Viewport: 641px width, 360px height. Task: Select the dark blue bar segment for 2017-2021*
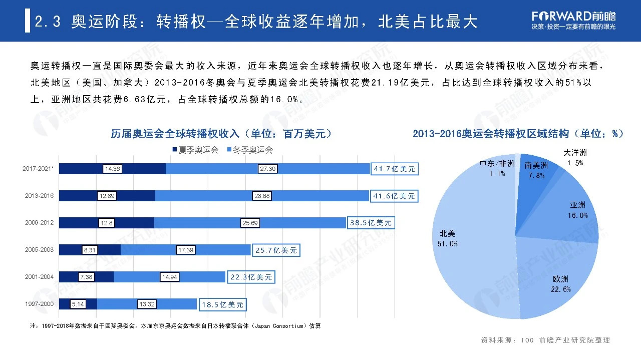click(x=135, y=169)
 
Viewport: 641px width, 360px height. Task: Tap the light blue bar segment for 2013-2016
click(x=210, y=196)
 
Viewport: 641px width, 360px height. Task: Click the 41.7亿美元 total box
click(x=394, y=169)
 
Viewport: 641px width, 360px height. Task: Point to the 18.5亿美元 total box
click(x=223, y=304)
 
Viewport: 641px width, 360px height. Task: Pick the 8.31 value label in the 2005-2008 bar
click(x=90, y=250)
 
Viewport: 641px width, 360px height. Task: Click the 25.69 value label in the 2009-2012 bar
click(x=250, y=223)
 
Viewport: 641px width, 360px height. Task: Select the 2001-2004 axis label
click(x=39, y=277)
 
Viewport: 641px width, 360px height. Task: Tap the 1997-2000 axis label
click(x=39, y=304)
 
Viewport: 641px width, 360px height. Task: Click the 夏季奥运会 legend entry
click(x=195, y=150)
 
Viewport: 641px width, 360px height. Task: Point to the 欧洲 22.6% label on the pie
click(x=561, y=284)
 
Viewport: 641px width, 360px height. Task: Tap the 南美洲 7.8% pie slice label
click(x=536, y=170)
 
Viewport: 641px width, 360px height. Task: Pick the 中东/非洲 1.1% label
click(x=497, y=168)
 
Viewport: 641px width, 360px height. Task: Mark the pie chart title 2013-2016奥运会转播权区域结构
click(x=518, y=134)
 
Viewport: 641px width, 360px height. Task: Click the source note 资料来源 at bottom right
click(x=545, y=340)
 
